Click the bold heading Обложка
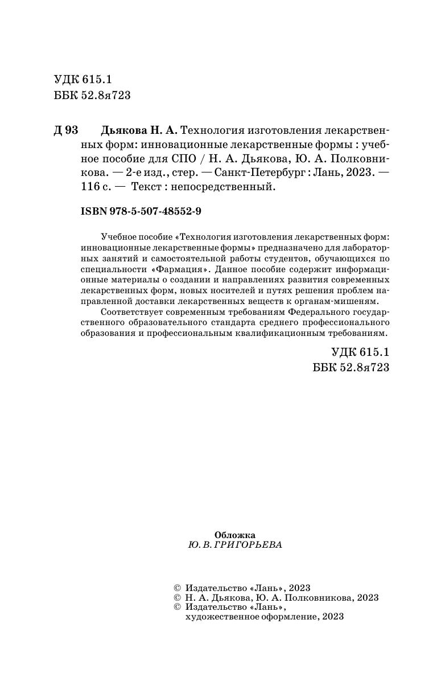pos(235,535)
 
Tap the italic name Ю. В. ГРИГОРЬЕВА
pos(234,544)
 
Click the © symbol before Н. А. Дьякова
pos(175,597)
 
